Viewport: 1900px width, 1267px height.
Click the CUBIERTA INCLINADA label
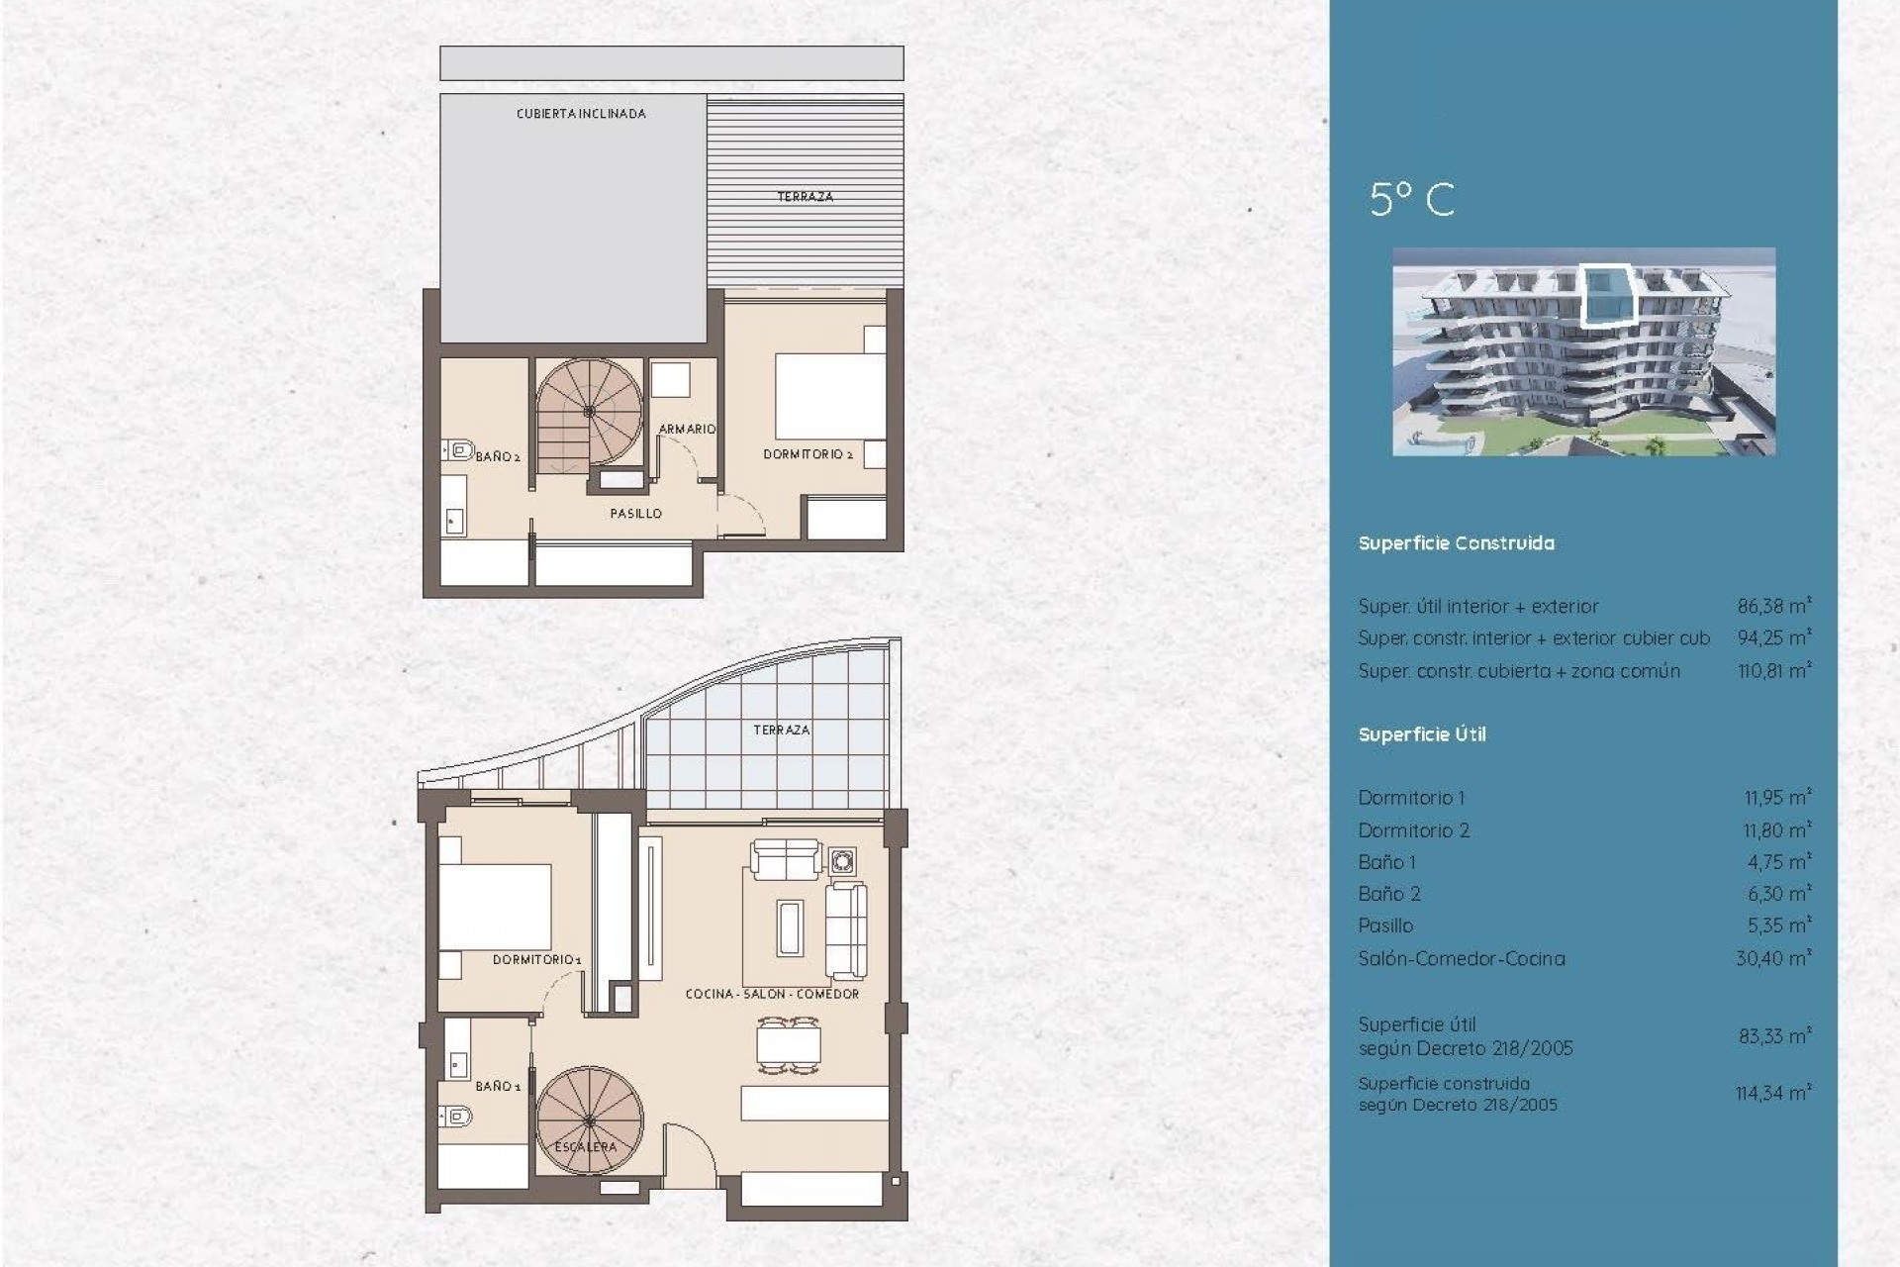581,114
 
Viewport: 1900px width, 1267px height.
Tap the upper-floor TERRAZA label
805,197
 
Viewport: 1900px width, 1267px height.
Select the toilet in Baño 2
458,450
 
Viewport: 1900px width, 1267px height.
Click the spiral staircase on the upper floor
589,411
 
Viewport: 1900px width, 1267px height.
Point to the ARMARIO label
687,429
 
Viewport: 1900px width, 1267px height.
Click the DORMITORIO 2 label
807,454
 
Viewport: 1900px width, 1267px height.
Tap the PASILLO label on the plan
635,514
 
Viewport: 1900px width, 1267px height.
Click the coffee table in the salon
789,927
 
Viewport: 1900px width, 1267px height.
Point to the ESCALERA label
586,1146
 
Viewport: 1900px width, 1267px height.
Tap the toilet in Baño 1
457,1117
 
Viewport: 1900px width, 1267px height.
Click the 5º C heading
1412,200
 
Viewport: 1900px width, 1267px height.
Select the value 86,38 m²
1773,606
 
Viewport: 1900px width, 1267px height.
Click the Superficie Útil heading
1422,734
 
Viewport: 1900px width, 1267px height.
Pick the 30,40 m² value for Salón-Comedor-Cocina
1773,958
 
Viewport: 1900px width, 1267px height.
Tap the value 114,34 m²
1772,1094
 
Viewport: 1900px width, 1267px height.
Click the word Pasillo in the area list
1385,926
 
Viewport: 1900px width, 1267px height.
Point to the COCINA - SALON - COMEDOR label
772,994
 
